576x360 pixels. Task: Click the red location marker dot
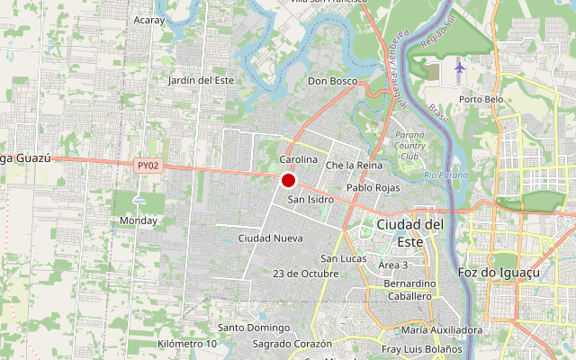point(289,180)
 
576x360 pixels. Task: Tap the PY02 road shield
point(148,166)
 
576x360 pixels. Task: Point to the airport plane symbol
point(461,67)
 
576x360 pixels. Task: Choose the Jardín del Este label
point(201,80)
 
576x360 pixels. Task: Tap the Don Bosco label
point(332,81)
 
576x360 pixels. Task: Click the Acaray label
point(148,19)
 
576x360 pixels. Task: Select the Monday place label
point(139,220)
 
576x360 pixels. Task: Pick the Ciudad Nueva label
point(270,238)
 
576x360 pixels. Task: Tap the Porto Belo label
point(481,99)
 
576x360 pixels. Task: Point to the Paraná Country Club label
point(410,145)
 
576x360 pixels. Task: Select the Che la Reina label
point(354,166)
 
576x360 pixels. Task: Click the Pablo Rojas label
point(373,188)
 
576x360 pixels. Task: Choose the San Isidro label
point(310,199)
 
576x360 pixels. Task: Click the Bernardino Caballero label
point(409,290)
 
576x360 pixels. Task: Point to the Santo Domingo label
point(254,328)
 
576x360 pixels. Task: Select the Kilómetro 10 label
point(187,344)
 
